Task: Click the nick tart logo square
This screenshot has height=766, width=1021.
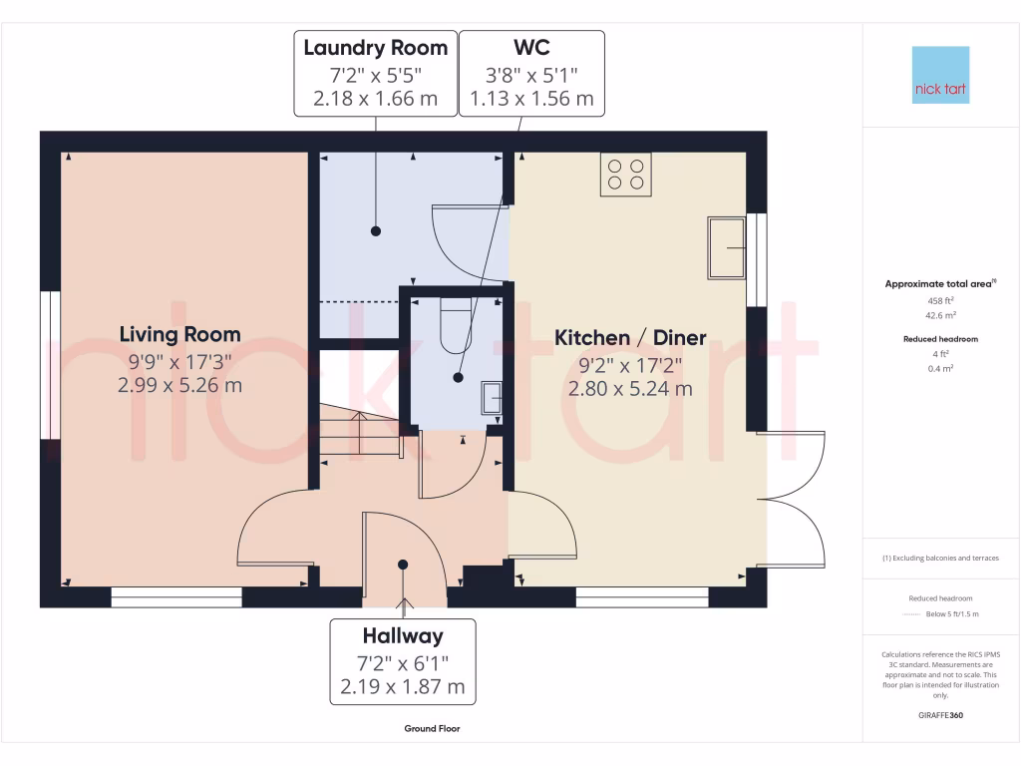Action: point(941,75)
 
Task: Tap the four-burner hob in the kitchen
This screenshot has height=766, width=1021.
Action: point(625,175)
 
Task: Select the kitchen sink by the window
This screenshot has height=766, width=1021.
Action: point(726,247)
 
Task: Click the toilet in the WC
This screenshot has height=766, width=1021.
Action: point(455,324)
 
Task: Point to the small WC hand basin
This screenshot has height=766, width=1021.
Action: point(493,397)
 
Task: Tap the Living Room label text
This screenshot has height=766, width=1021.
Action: point(179,334)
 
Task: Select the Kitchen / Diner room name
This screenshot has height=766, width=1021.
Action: point(630,338)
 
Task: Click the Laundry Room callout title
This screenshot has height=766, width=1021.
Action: point(375,48)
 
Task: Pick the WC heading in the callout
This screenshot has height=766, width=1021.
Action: point(531,48)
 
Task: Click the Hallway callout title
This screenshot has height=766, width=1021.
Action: point(403,636)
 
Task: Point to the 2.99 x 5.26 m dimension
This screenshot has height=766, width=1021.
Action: point(179,385)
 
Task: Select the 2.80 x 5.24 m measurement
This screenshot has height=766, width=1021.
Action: point(630,389)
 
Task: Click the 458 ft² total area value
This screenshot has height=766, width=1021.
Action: point(941,300)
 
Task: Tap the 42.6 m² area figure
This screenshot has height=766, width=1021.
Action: point(941,314)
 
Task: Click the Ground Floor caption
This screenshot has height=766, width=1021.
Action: point(432,729)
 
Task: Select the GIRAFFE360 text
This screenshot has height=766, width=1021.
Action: point(941,715)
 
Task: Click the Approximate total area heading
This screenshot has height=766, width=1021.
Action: point(939,284)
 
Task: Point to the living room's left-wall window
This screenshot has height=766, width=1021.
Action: point(47,365)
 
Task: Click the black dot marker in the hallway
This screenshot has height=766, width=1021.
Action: point(403,565)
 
